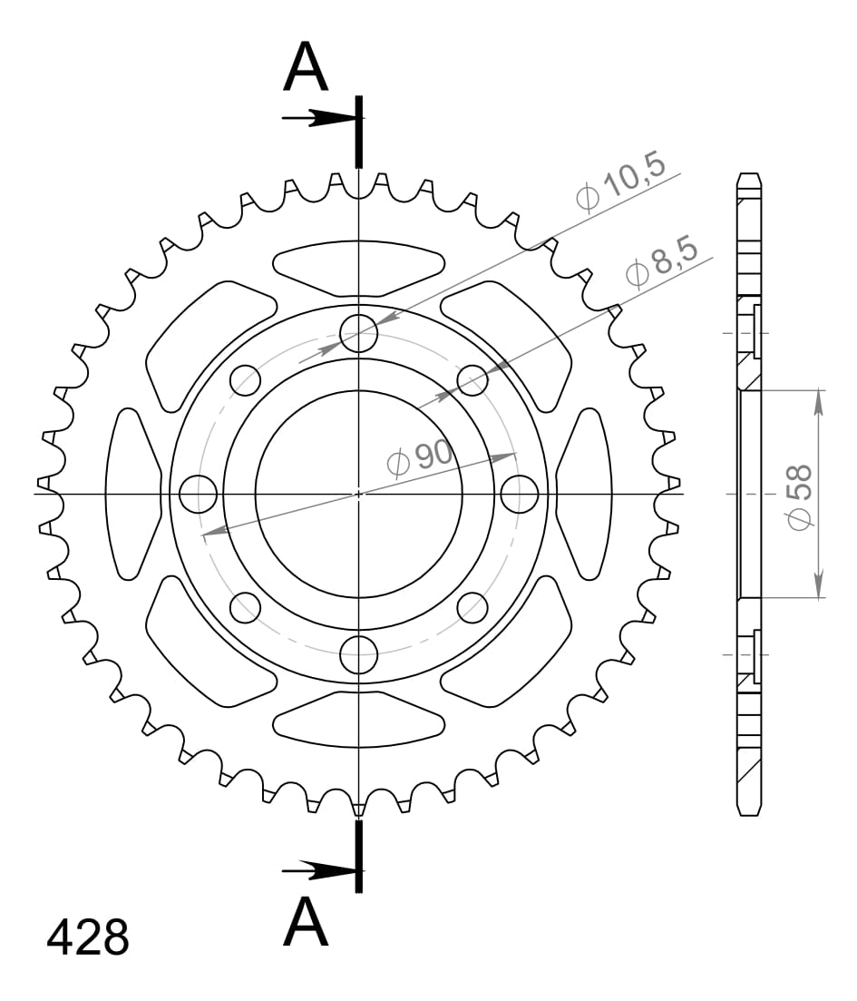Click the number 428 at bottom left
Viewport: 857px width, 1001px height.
88,938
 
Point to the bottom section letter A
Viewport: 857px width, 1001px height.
306,923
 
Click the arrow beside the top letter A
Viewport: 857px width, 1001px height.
317,118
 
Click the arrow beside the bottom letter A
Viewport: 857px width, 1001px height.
317,871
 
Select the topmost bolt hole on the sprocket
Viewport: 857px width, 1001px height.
359,333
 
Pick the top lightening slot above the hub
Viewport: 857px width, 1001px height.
359,268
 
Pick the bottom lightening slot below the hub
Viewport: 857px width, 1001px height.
359,718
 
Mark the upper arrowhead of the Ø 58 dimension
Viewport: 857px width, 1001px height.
819,400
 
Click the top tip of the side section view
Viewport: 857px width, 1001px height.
748,175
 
